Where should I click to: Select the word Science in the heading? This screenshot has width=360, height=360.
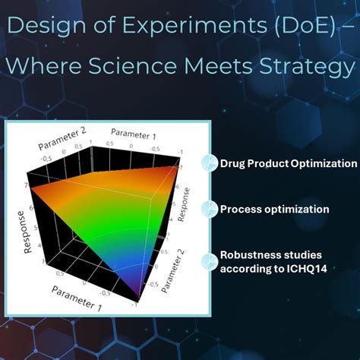(144, 69)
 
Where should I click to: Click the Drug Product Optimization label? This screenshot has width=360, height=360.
(288, 163)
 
